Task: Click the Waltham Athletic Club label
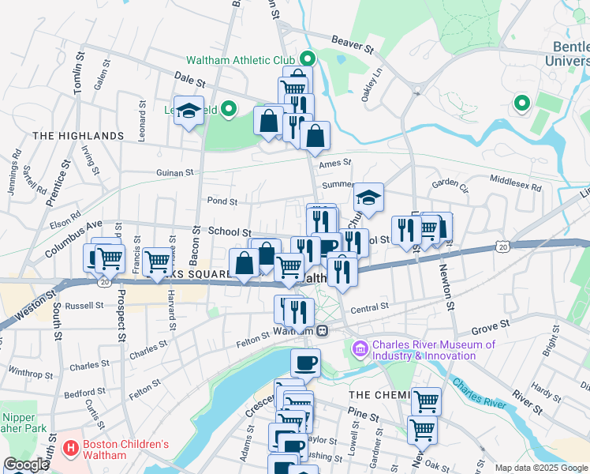[x=240, y=59]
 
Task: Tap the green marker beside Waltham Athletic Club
[x=308, y=58]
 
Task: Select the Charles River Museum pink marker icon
[x=360, y=348]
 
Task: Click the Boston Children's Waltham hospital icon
[x=72, y=449]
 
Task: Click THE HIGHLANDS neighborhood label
[x=78, y=136]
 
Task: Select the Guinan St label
[x=174, y=172]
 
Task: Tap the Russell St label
[x=84, y=305]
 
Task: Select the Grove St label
[x=487, y=328]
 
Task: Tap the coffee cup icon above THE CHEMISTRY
[x=305, y=363]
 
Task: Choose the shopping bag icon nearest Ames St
[x=315, y=135]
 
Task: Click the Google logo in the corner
[x=27, y=465]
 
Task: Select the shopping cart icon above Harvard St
[x=158, y=258]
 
